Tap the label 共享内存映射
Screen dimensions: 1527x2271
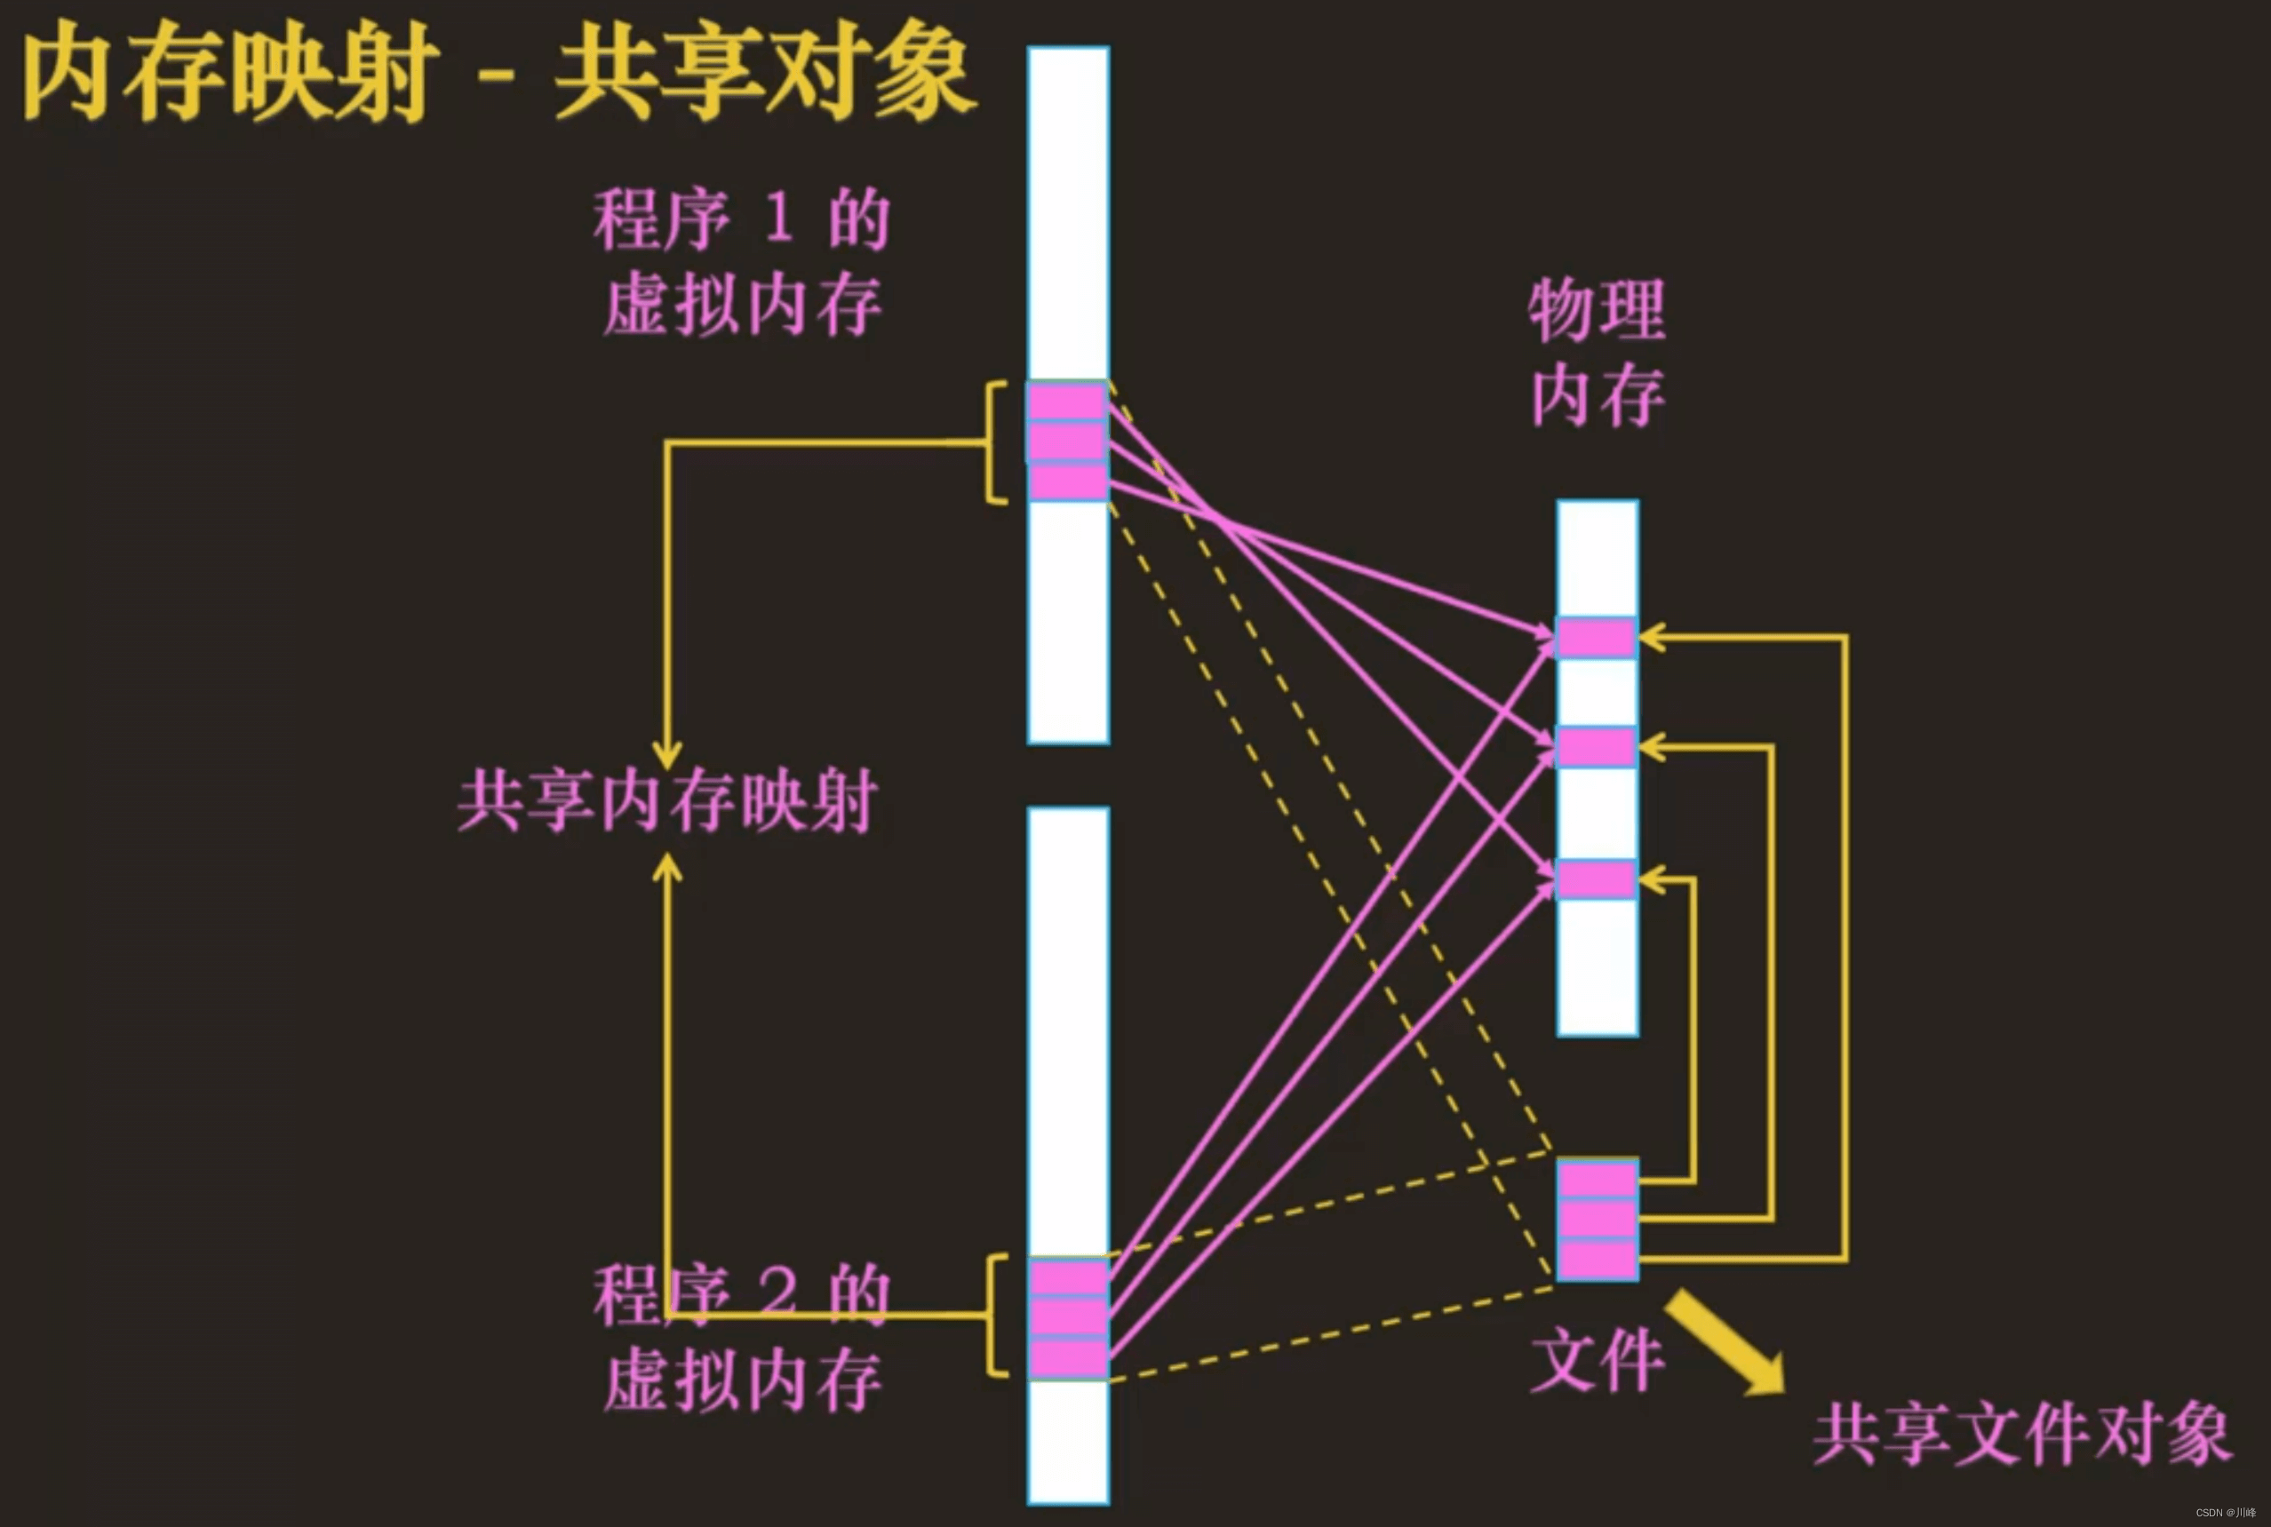click(x=667, y=801)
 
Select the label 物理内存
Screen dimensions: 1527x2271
click(x=1598, y=353)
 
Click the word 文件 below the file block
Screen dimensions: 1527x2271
click(x=1598, y=1361)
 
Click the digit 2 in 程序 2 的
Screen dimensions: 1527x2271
click(x=778, y=1292)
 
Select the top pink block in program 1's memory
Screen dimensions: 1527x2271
click(x=1067, y=402)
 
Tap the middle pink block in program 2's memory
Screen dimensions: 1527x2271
click(x=1068, y=1317)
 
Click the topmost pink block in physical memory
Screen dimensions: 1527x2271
click(x=1596, y=639)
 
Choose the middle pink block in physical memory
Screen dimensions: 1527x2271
click(x=1596, y=748)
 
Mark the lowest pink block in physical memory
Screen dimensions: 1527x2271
click(x=1596, y=879)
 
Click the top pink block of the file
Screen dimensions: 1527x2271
click(x=1598, y=1180)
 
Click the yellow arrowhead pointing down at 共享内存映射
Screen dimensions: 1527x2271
click(x=667, y=756)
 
